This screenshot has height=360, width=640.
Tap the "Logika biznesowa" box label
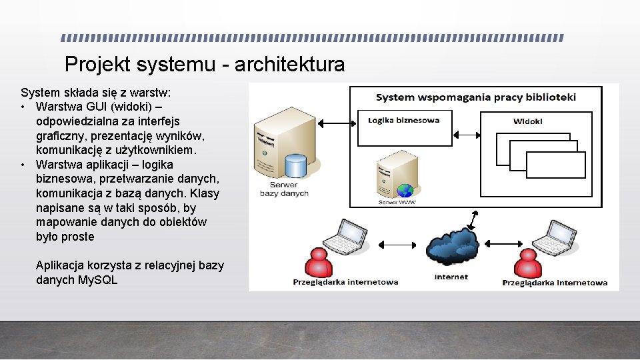pyautogui.click(x=404, y=121)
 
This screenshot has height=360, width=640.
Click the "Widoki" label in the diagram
pyautogui.click(x=527, y=121)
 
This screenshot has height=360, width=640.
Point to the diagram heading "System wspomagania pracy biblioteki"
pyautogui.click(x=475, y=97)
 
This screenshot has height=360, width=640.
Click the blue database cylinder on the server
pyautogui.click(x=295, y=166)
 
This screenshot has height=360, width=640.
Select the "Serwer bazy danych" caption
pyautogui.click(x=284, y=189)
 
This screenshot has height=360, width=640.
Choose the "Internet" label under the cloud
pyautogui.click(x=451, y=277)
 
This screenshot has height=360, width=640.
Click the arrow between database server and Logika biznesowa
pyautogui.click(x=337, y=123)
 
